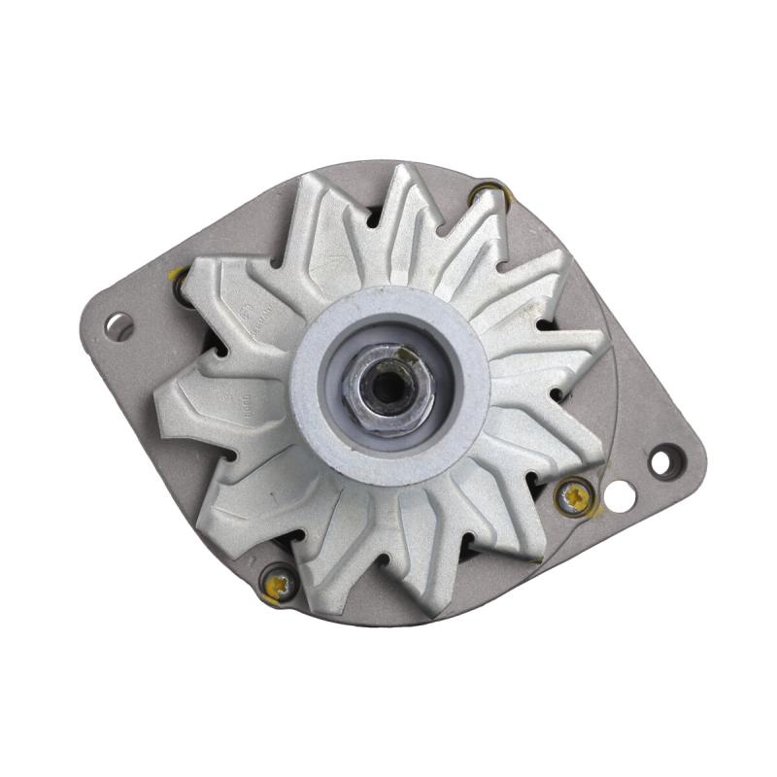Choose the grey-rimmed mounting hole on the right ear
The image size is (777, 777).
click(x=664, y=460)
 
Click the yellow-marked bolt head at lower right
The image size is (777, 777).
click(x=574, y=496)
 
